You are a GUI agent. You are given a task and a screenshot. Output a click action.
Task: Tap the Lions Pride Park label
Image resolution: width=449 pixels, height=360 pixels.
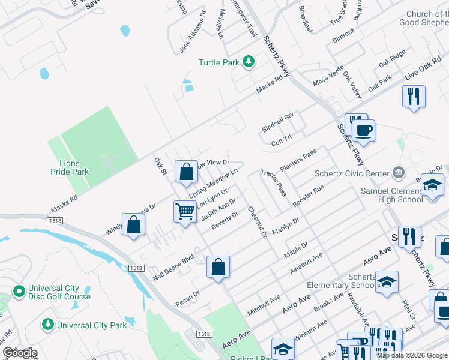tap(74, 167)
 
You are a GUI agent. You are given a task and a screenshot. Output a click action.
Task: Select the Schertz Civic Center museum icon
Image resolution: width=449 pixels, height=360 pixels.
tap(398, 173)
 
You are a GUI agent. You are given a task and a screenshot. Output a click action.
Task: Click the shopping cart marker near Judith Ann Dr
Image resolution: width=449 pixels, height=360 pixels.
tap(185, 212)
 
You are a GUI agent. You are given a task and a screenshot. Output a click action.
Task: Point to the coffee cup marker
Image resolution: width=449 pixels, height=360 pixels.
tap(363, 130)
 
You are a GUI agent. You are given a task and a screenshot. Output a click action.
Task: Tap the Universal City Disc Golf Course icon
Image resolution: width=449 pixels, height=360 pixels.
tap(19, 292)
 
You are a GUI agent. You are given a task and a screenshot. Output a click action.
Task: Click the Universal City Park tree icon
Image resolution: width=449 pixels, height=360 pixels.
tap(47, 325)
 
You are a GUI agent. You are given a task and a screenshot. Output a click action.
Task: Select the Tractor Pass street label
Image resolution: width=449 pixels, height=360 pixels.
tap(273, 182)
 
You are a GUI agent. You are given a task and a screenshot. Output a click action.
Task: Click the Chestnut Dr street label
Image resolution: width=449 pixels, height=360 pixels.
tap(256, 221)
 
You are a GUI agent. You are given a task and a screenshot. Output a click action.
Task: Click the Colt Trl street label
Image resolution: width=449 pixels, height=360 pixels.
tap(281, 142)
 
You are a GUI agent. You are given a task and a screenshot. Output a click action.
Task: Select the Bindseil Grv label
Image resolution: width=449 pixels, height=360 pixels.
tap(277, 122)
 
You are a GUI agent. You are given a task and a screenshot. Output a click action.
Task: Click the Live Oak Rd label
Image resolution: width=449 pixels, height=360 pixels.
tap(427, 74)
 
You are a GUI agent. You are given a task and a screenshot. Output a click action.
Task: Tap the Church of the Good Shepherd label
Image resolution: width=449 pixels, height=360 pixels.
tap(418, 18)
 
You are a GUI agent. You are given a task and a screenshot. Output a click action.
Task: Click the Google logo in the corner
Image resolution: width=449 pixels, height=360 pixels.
tap(20, 353)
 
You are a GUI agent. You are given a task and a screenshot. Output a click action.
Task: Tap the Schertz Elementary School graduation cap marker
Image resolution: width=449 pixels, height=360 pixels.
tap(387, 282)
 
